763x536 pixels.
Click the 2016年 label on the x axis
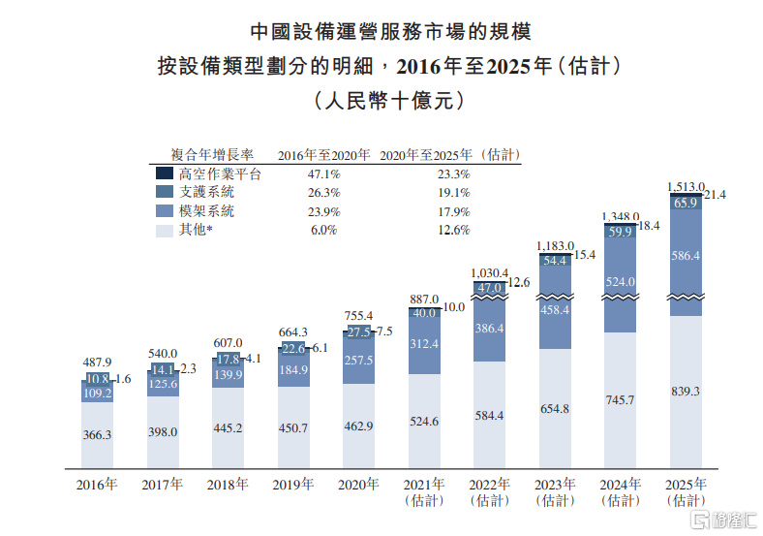tap(97, 485)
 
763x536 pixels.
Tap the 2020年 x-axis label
tap(358, 485)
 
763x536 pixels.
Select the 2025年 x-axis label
tap(687, 485)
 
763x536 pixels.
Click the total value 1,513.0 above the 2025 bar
tap(686, 186)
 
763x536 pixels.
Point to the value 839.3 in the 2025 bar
tap(687, 392)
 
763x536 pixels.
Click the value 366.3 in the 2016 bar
tap(97, 435)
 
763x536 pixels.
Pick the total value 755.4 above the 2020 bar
tap(358, 316)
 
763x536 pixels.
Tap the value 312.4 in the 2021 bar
tap(424, 344)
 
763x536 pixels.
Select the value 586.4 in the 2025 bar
tap(687, 255)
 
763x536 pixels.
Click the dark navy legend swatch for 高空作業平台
tap(164, 174)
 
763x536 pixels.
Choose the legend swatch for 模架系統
tap(164, 210)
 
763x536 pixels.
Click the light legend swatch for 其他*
tap(164, 230)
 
